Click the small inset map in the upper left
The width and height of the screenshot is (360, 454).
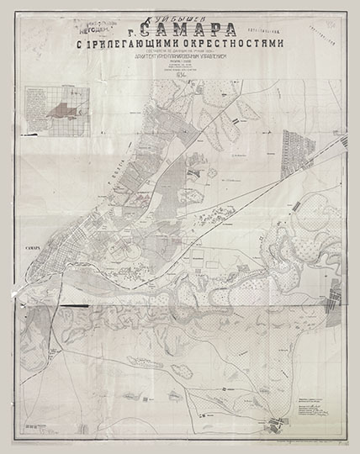coord(58,110)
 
